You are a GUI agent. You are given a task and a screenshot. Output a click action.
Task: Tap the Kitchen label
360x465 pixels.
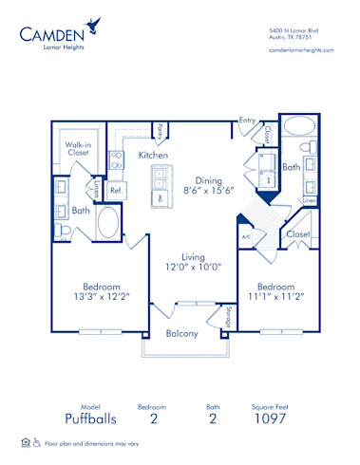(153, 154)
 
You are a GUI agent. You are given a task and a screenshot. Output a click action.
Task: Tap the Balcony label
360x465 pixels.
(181, 333)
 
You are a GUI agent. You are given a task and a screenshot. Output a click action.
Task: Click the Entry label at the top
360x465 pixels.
(247, 121)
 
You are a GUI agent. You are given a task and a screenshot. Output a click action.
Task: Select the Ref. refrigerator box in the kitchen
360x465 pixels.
(117, 190)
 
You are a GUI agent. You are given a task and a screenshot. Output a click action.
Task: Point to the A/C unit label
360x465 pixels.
(245, 236)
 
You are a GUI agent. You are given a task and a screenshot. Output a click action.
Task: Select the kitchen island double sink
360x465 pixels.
(157, 177)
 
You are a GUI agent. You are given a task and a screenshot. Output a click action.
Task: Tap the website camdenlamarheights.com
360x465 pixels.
(301, 48)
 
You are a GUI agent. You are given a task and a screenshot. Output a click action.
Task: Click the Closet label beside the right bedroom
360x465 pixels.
(297, 232)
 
